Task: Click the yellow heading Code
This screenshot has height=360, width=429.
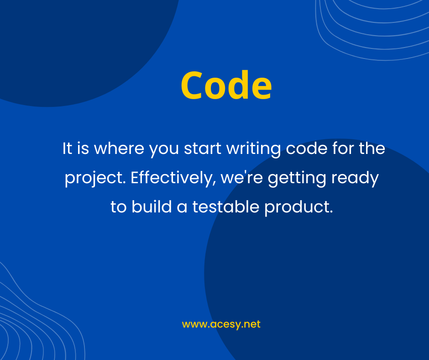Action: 226,85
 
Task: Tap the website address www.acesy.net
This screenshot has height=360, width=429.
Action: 221,324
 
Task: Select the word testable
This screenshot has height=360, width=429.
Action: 226,206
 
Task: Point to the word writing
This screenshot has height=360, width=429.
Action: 253,149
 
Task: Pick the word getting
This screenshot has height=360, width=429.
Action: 297,178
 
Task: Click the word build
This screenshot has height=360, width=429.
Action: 152,206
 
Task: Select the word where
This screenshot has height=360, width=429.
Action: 119,148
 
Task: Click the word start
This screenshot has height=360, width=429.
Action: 203,149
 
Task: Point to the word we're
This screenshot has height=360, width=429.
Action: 241,178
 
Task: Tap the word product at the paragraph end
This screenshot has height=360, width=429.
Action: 298,207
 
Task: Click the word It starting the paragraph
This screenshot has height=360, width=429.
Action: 67,148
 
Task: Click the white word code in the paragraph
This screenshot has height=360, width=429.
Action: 307,148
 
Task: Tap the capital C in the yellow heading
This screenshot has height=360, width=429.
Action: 191,85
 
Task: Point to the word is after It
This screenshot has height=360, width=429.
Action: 83,148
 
